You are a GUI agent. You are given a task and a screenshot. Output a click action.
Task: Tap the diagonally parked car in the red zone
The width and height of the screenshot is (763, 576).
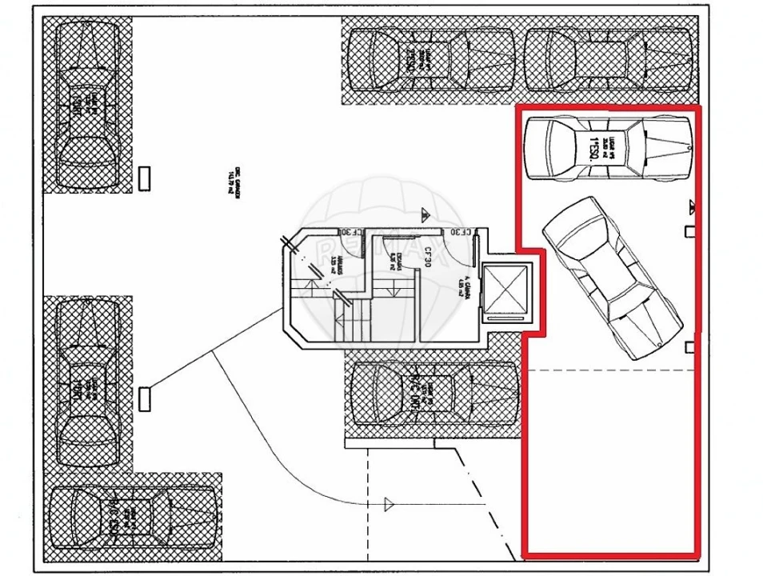pos(612,277)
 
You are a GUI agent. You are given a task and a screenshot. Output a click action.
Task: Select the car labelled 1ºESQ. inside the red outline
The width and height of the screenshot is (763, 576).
pos(607,149)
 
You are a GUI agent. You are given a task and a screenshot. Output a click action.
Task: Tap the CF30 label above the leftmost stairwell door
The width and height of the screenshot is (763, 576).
pos(350,233)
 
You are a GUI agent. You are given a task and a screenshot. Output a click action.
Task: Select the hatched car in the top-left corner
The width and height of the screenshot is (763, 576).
pos(88,105)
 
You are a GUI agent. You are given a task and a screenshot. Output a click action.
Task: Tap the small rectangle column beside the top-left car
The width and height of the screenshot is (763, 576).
pos(145,178)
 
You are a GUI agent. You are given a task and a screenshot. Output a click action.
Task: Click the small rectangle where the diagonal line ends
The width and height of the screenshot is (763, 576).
pos(145,398)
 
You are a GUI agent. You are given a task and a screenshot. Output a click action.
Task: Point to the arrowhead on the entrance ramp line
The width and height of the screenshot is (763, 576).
pos(389,503)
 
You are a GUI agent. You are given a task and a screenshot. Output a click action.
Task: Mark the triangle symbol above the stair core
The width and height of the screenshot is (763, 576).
pos(425,214)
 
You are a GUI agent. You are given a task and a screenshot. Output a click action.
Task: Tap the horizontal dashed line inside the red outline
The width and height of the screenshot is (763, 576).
pos(608,370)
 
